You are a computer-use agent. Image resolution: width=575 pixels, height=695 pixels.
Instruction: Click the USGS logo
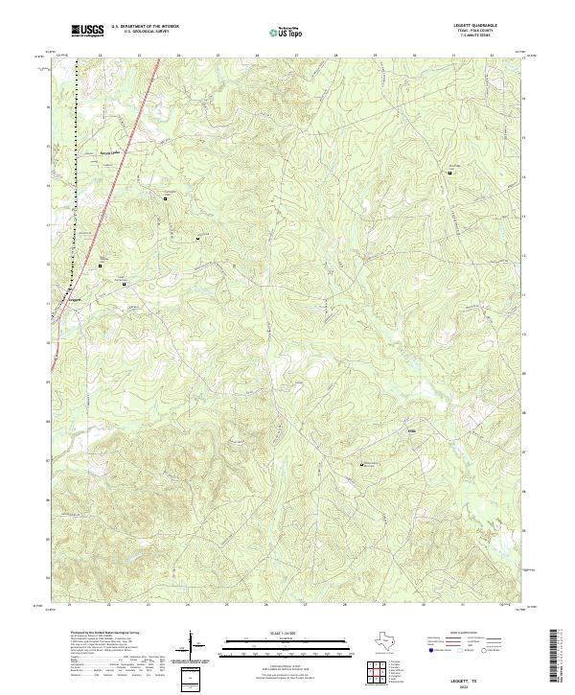pyautogui.click(x=87, y=32)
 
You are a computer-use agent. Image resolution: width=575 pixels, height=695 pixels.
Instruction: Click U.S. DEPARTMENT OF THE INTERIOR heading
pyautogui.click(x=144, y=27)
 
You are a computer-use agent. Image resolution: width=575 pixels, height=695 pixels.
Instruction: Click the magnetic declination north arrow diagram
pyautogui.click(x=192, y=645)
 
